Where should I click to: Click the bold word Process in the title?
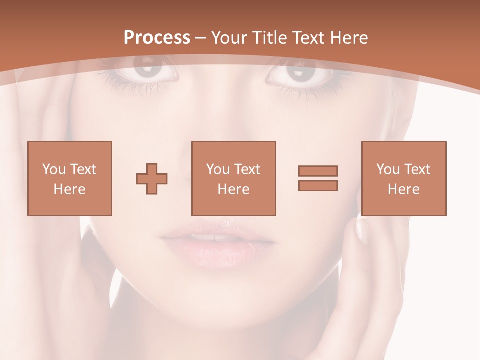click(157, 38)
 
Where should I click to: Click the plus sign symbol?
click(152, 179)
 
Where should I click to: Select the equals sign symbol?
click(318, 178)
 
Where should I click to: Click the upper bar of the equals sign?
click(318, 171)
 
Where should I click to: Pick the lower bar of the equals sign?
click(318, 186)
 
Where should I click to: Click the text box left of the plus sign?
click(70, 178)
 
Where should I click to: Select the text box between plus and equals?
click(234, 178)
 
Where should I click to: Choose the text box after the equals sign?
click(404, 178)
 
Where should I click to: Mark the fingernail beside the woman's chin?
click(362, 231)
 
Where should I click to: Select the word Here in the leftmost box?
click(69, 189)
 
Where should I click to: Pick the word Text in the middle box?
click(247, 169)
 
